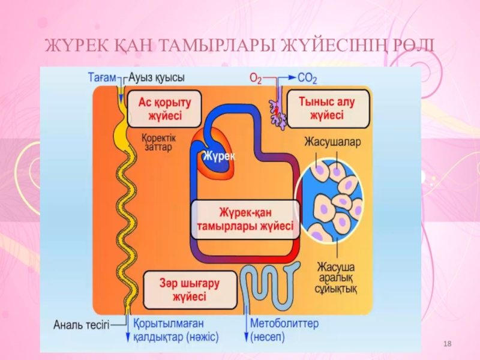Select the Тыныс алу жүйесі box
pos(326,109)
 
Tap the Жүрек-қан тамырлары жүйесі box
pos(245,220)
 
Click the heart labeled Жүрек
pos(216,157)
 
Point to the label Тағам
pos(101,77)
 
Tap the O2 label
pos(255,79)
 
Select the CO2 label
pos(308,79)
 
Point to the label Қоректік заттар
pos(157,142)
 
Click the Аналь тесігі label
pos(82,326)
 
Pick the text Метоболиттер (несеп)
pos(284,329)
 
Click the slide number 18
pos(446,343)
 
